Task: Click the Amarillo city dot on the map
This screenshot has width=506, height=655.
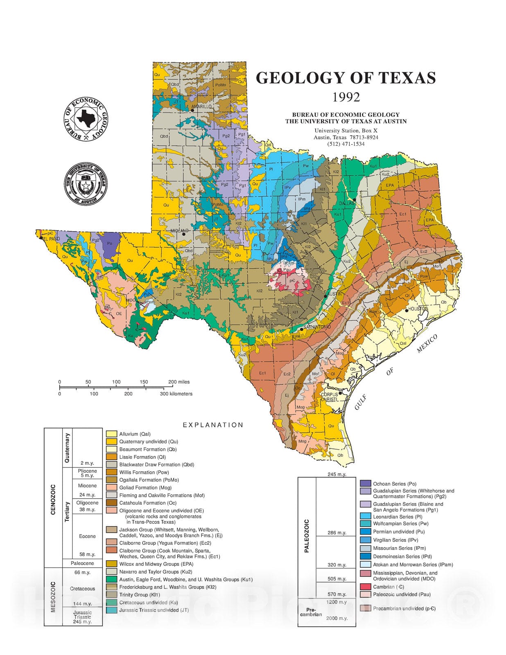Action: point(192,110)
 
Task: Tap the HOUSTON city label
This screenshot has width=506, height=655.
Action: point(418,309)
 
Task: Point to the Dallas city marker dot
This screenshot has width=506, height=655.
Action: point(355,199)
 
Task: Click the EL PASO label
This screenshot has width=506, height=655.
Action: point(51,238)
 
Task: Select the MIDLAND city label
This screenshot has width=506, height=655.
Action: point(179,231)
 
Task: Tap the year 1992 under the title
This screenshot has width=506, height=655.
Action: point(346,97)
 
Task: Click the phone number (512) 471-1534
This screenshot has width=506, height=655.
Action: point(346,144)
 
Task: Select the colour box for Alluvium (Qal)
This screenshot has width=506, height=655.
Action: point(112,434)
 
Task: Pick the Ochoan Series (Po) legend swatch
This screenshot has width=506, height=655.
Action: point(366,483)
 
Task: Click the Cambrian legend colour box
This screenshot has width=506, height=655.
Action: point(366,587)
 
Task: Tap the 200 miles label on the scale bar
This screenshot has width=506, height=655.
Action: point(179,382)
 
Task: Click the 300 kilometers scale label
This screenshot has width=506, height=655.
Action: point(176,394)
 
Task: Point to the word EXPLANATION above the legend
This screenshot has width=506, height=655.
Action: point(213,425)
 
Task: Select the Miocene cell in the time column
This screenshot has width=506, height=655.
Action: point(87,486)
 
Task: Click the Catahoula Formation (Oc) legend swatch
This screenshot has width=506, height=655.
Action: point(112,503)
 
